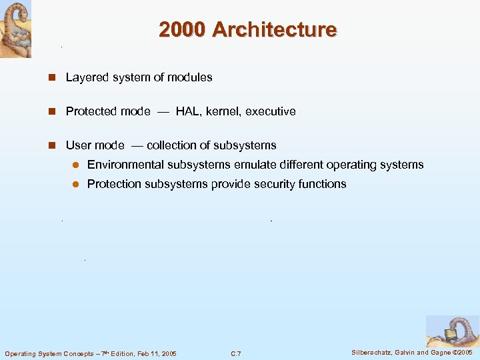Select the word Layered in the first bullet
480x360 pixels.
tap(86, 77)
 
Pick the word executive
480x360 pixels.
tap(270, 111)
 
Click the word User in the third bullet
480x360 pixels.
tap(78, 145)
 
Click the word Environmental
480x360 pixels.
tap(125, 165)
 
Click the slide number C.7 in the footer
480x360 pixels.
tap(235, 353)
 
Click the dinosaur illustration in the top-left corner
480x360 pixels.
tap(15, 29)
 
